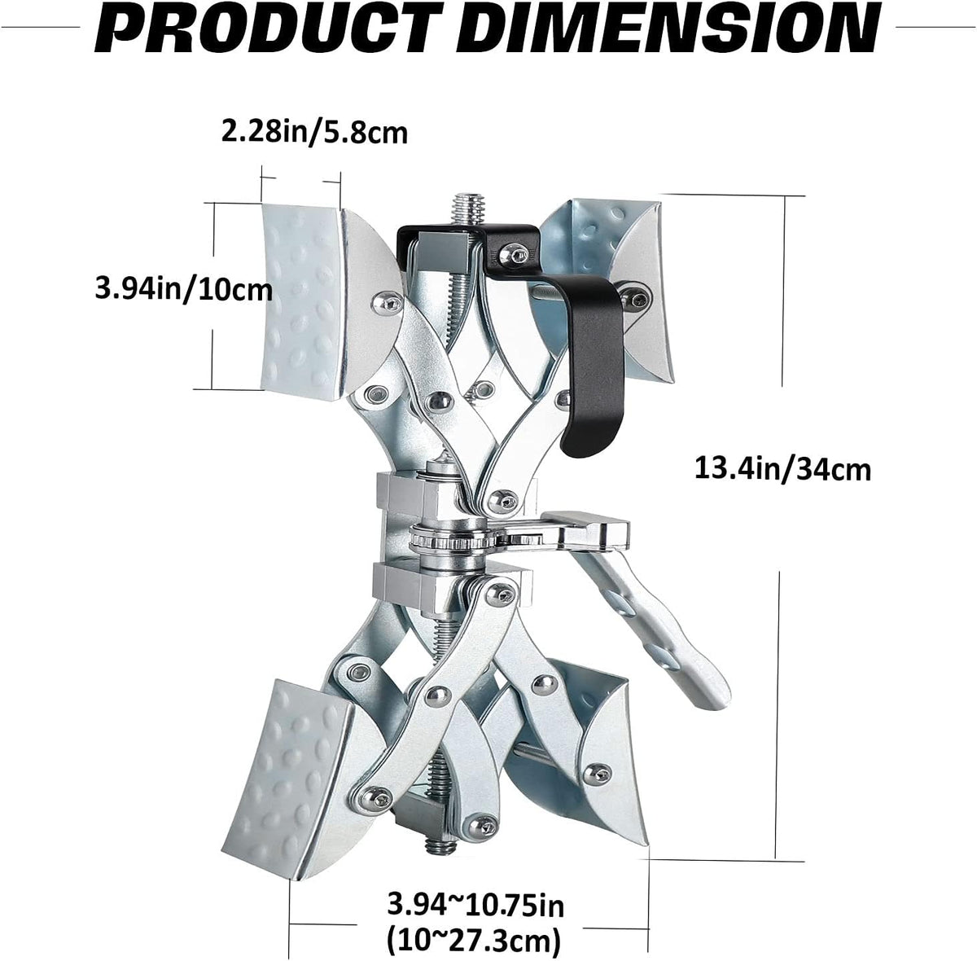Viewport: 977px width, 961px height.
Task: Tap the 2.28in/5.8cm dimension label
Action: tap(314, 133)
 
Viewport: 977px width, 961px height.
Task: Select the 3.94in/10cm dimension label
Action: tap(183, 290)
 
